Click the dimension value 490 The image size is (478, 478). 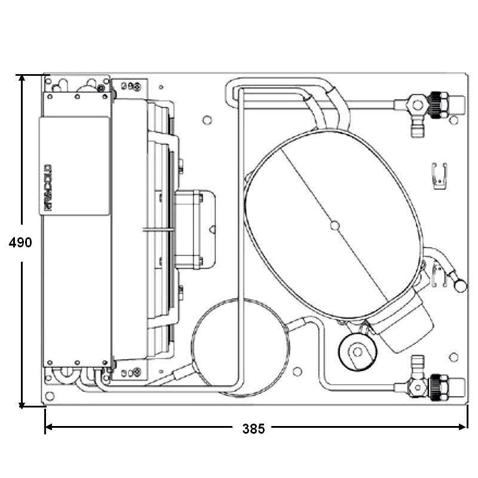coord(21,243)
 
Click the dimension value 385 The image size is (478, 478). coord(253,428)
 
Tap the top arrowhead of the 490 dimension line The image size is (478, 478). coord(22,79)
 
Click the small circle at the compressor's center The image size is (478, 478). coord(335,225)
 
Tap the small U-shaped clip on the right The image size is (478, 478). coord(440,176)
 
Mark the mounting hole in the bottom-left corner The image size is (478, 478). coord(50,396)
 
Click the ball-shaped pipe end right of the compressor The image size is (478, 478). coord(460,286)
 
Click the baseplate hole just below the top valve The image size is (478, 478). coord(454,120)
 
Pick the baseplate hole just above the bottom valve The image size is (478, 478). coord(454,357)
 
